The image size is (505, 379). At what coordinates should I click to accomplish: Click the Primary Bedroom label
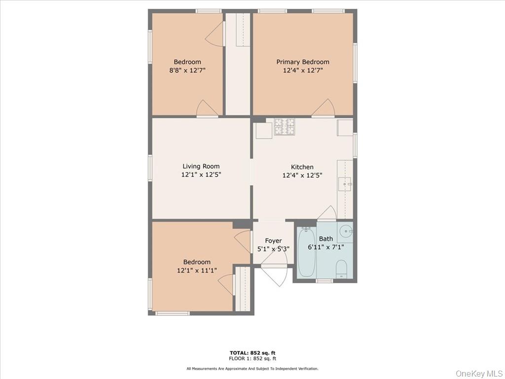(302, 62)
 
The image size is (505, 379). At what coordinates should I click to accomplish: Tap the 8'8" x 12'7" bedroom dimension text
(187, 70)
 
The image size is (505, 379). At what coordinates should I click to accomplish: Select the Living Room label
(201, 166)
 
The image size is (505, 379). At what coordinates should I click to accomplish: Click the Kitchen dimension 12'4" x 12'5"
(302, 175)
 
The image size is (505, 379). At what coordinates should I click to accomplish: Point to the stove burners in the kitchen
(284, 127)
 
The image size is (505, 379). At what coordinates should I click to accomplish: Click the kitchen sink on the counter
(345, 184)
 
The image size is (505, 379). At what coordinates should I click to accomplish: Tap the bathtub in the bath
(306, 252)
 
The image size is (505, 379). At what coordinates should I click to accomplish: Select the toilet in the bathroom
(341, 269)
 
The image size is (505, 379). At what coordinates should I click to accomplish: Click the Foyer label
(273, 241)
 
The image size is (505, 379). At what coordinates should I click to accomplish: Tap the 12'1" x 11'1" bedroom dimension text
(197, 270)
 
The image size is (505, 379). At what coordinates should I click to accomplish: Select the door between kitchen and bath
(327, 213)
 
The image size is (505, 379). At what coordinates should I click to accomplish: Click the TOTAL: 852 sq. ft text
(252, 352)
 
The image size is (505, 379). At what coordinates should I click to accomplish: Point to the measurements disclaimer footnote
(252, 369)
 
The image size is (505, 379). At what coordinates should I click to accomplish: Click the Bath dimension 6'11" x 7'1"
(325, 247)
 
